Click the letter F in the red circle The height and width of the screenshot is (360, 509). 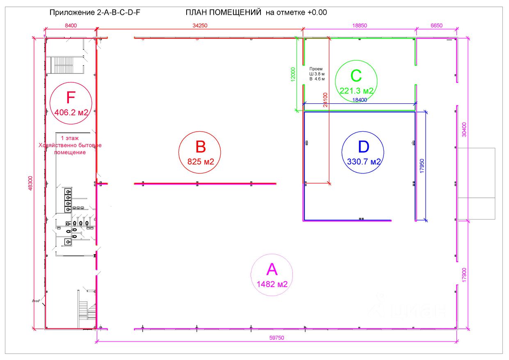click(x=71, y=98)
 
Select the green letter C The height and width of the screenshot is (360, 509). click(x=356, y=76)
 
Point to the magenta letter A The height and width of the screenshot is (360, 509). click(x=272, y=269)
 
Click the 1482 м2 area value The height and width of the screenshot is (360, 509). click(x=272, y=284)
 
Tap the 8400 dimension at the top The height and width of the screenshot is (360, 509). click(x=71, y=25)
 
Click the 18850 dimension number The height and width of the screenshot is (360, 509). click(x=359, y=25)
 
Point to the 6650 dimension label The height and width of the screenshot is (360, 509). click(x=436, y=25)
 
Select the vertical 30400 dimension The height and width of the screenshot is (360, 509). click(x=464, y=129)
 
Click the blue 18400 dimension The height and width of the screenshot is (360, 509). click(x=360, y=100)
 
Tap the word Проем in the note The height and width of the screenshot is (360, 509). click(x=316, y=69)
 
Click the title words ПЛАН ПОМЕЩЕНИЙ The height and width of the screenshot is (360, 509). click(x=224, y=12)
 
